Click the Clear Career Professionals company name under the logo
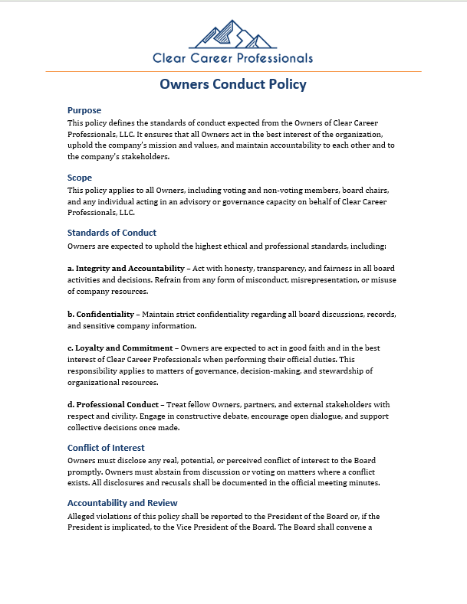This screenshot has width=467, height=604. point(232,58)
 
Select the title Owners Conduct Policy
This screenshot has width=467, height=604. point(233,84)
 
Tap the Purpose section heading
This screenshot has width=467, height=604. point(84,110)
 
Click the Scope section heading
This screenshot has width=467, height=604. point(80,178)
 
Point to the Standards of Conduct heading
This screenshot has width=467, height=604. point(112,233)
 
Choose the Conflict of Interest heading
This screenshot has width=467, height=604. point(106,448)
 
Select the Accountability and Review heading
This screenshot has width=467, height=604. point(123,503)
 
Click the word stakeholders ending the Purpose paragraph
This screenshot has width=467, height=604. point(143,157)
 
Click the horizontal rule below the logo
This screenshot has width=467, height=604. point(233,72)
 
